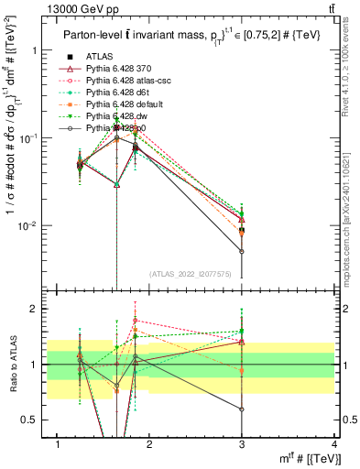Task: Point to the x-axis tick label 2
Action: click(x=150, y=444)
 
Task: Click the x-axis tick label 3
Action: click(x=242, y=444)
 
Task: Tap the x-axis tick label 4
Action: click(x=333, y=444)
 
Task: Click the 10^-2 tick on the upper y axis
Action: click(x=27, y=225)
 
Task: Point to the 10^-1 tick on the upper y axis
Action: click(x=27, y=137)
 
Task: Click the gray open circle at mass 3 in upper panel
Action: click(x=242, y=251)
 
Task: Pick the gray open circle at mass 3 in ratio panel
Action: click(x=242, y=409)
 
